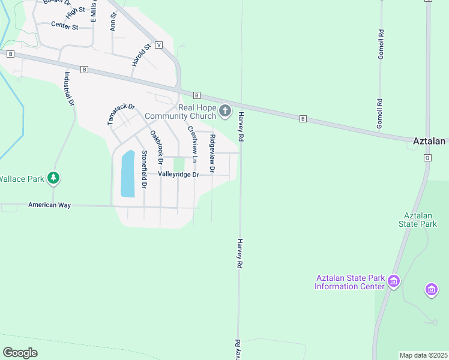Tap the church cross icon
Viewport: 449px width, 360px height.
(225, 111)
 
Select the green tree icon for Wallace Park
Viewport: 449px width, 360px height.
(54, 178)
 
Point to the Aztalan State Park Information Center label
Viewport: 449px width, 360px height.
(349, 282)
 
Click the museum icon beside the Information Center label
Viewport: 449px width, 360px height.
(394, 281)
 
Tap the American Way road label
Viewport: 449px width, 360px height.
(49, 205)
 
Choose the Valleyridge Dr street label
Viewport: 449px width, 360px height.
(178, 174)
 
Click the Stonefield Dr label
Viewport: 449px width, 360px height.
(144, 169)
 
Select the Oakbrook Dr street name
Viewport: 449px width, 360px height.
(157, 148)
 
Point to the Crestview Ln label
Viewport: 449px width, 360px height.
(193, 144)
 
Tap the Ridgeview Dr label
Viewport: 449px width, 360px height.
(211, 151)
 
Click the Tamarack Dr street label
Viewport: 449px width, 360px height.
(121, 113)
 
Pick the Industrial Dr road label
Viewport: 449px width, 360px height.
(68, 89)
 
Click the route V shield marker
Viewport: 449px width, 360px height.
(158, 45)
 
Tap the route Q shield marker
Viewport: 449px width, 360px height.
(428, 158)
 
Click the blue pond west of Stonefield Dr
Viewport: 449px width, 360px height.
(128, 174)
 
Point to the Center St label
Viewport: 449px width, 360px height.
(65, 26)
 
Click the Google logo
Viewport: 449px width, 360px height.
(20, 353)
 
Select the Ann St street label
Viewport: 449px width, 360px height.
(112, 22)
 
